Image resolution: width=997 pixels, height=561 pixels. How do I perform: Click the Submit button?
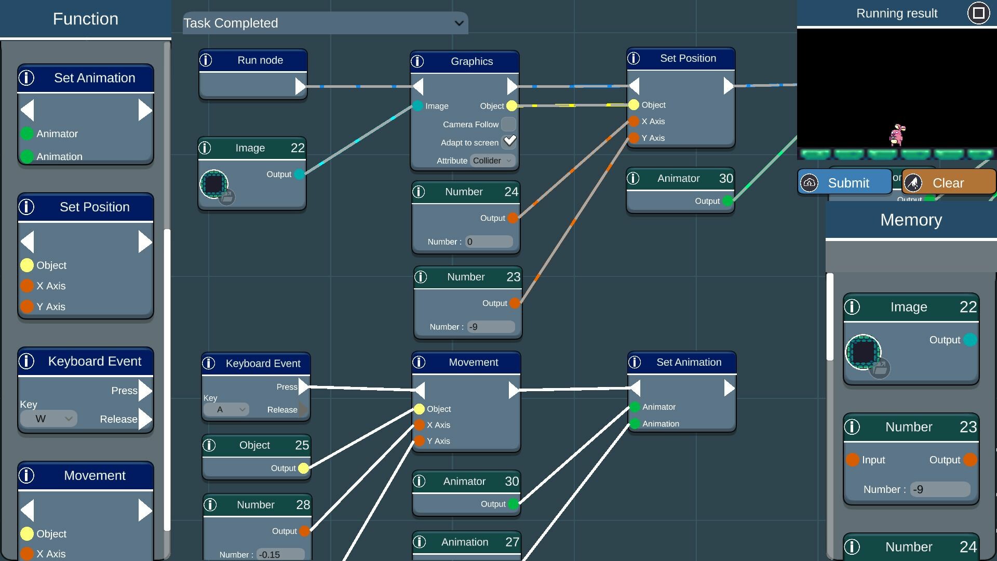coord(844,183)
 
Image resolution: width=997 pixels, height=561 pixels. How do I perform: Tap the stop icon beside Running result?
coord(978,13)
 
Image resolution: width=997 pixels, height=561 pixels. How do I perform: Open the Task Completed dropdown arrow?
coord(459,23)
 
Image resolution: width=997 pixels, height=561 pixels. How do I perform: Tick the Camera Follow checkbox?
coord(509,124)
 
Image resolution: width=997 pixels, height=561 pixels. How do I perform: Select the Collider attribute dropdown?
coord(493,161)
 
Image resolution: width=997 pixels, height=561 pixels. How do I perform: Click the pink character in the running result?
coord(897,135)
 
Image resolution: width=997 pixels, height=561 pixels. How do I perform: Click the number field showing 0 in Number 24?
coord(489,242)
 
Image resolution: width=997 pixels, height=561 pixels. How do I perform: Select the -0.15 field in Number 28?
coord(281,554)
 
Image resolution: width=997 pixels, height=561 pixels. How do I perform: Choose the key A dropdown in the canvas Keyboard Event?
coord(226,410)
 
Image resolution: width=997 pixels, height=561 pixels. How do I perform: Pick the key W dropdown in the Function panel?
coord(49,419)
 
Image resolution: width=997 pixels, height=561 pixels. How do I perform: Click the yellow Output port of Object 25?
coord(304,469)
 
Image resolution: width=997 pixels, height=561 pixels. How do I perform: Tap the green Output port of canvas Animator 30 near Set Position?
coord(728,201)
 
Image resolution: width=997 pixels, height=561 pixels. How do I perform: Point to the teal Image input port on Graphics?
coord(418,106)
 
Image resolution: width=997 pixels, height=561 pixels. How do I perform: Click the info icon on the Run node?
coord(206,60)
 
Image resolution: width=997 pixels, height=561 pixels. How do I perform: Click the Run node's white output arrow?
coord(300,86)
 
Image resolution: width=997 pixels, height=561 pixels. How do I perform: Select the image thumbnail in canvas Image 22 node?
coord(214,184)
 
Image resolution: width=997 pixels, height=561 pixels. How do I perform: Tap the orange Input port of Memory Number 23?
coord(852,460)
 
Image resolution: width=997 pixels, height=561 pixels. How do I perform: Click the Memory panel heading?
coord(911,220)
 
